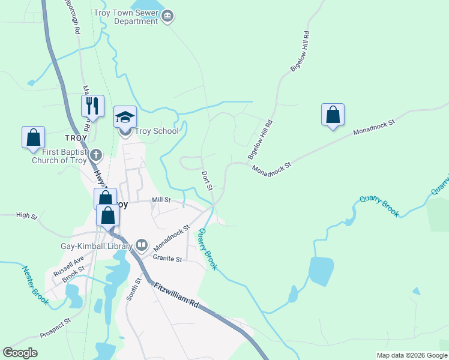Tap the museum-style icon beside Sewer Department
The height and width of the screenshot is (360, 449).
[x=168, y=16]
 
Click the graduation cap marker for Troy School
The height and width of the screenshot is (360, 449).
[x=125, y=117]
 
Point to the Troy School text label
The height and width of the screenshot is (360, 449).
[x=157, y=131]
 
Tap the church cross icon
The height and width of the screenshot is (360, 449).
[x=95, y=155]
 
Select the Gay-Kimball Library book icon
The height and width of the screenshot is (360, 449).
[x=142, y=244]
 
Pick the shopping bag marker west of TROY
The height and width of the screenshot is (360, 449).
[x=34, y=137]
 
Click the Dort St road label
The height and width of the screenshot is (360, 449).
[x=207, y=181]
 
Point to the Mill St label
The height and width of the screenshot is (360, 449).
[x=161, y=200]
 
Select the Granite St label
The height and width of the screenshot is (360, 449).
[x=167, y=259]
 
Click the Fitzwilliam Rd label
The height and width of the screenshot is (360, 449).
[x=175, y=296]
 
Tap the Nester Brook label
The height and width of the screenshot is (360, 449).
[x=35, y=286]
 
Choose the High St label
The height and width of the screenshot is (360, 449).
[x=26, y=215]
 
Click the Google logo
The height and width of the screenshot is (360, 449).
[x=20, y=352]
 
